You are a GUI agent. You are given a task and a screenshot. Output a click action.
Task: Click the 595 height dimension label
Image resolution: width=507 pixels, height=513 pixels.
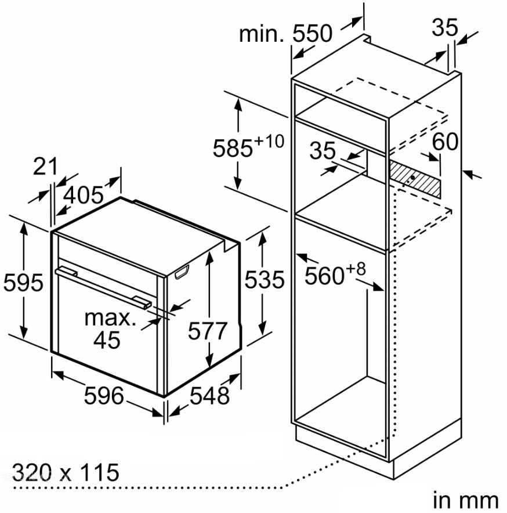tap(23, 283)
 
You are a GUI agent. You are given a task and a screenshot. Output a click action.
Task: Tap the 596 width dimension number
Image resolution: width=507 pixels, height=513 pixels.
tap(104, 396)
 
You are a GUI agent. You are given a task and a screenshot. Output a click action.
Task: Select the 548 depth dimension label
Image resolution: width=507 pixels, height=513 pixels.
tap(209, 396)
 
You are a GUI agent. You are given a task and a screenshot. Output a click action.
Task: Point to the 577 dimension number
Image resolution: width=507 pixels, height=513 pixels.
tap(208, 331)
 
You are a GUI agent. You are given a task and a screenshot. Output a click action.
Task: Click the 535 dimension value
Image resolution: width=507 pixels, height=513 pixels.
tap(265, 280)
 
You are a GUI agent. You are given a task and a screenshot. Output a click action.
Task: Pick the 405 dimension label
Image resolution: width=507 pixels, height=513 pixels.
tap(83, 196)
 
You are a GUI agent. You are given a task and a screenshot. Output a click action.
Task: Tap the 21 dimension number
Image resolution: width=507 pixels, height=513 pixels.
tap(45, 167)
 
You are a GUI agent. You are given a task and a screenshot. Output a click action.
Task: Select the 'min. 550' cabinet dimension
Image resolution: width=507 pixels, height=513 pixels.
tap(285, 34)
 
